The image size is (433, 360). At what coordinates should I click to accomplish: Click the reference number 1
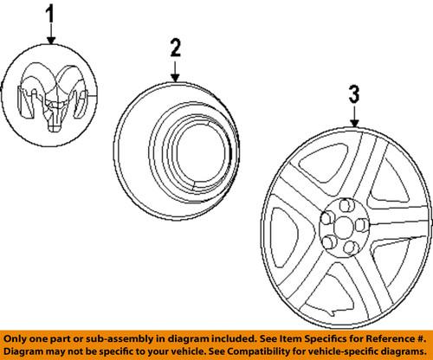point(49,15)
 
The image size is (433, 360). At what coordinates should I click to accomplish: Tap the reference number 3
point(352,93)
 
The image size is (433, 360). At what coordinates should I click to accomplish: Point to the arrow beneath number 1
point(50,34)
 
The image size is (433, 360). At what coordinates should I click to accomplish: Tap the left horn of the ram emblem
point(31,87)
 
